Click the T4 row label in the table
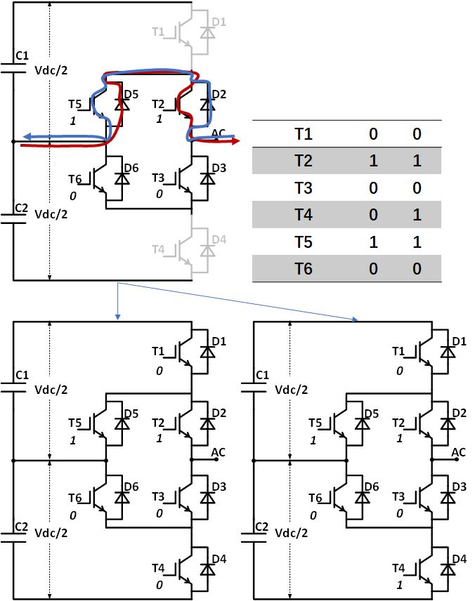pos(304,214)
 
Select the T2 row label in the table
pos(304,161)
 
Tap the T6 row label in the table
pos(304,268)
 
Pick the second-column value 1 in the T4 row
pos(416,214)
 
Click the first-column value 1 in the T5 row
pos(373,242)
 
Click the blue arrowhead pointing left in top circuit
pos(26,136)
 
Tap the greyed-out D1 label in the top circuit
pos(219,22)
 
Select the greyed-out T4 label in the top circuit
pos(159,249)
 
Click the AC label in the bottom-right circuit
pos(459,451)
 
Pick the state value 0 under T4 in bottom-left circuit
pos(160,584)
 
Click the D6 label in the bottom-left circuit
pos(132,486)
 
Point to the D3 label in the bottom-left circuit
pos(219,486)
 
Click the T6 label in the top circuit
pos(75,180)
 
